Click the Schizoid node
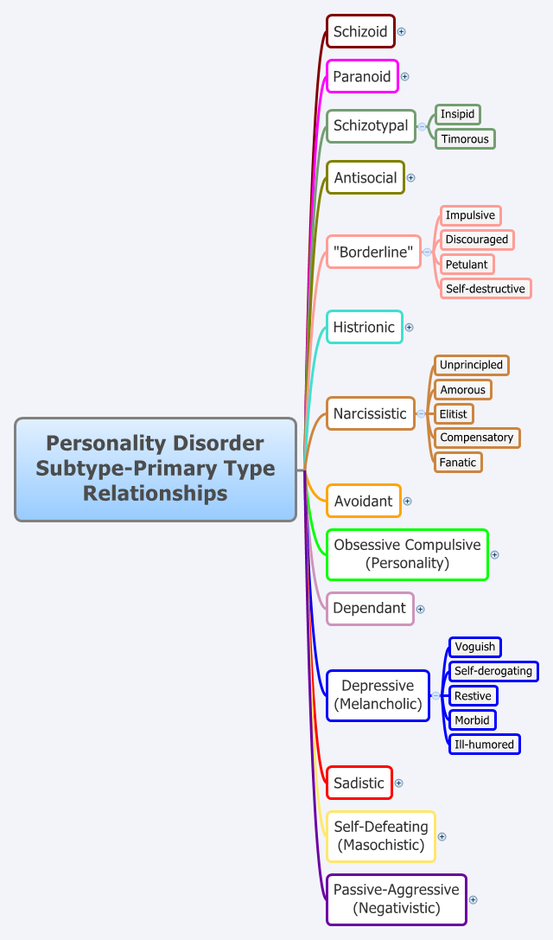(x=360, y=31)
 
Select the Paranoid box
(x=362, y=76)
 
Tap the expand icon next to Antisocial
(x=411, y=177)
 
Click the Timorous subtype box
(x=464, y=138)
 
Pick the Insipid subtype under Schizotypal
(x=457, y=114)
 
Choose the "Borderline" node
(x=373, y=253)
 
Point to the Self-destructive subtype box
(x=485, y=288)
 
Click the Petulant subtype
(x=467, y=264)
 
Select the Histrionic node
(x=364, y=327)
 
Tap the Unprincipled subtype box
(x=470, y=365)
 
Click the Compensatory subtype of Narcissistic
(x=476, y=438)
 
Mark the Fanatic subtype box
(x=457, y=462)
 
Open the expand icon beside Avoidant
(x=408, y=501)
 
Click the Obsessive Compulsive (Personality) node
(x=407, y=554)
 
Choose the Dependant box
(x=370, y=608)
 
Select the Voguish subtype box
(x=474, y=647)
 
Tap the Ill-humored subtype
(x=484, y=744)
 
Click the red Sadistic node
(x=359, y=783)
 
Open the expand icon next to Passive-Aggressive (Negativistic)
(x=474, y=899)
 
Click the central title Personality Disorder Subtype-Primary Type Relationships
(x=156, y=469)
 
